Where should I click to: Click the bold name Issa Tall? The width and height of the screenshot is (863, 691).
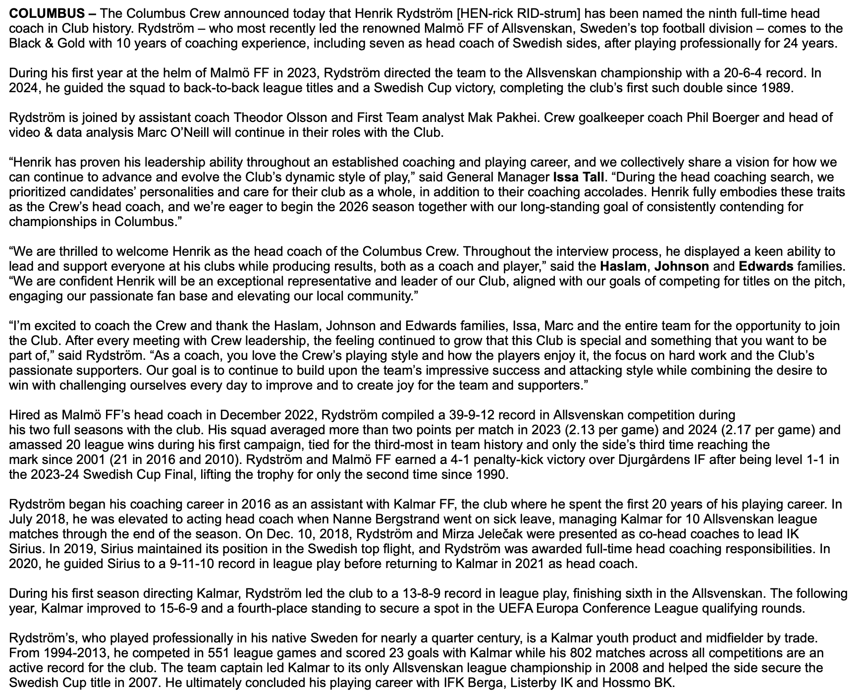click(x=579, y=177)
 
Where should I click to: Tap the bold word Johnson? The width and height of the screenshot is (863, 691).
click(x=681, y=266)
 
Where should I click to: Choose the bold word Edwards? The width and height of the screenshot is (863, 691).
click(x=766, y=266)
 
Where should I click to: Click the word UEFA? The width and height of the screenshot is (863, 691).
click(x=511, y=608)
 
